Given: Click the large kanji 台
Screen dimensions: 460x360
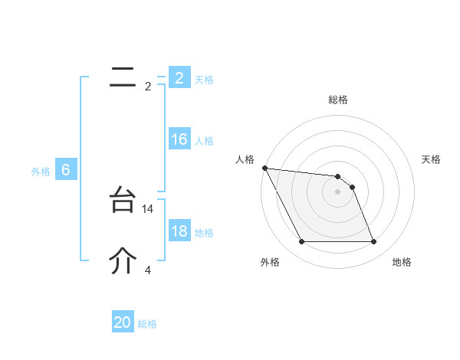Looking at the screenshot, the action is pyautogui.click(x=123, y=201).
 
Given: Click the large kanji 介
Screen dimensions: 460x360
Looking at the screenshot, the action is pyautogui.click(x=123, y=261).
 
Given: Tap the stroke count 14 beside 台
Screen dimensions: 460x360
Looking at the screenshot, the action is pyautogui.click(x=149, y=208).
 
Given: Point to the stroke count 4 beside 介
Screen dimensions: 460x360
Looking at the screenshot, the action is pyautogui.click(x=148, y=270).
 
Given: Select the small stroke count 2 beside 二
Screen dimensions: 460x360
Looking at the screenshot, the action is pyautogui.click(x=148, y=87).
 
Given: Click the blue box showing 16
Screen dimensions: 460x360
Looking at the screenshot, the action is pyautogui.click(x=179, y=139).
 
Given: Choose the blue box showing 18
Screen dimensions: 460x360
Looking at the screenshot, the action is pyautogui.click(x=179, y=231).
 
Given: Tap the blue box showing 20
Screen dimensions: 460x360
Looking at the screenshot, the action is pyautogui.click(x=123, y=322).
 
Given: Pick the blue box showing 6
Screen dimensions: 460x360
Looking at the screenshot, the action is pyautogui.click(x=66, y=170).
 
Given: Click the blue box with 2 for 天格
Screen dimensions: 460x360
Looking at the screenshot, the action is pyautogui.click(x=179, y=78).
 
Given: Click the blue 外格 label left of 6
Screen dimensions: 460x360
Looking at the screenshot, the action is pyautogui.click(x=41, y=172).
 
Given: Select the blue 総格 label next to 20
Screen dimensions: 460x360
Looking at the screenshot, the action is pyautogui.click(x=148, y=324).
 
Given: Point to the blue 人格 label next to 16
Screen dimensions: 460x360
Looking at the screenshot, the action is pyautogui.click(x=204, y=141).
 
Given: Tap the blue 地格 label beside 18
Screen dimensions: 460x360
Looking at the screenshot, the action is pyautogui.click(x=204, y=233).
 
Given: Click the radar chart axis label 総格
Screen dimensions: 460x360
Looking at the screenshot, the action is pyautogui.click(x=338, y=100).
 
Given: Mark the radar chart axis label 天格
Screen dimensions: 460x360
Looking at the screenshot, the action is pyautogui.click(x=432, y=159).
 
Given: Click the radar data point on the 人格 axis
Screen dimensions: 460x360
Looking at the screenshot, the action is pyautogui.click(x=264, y=168).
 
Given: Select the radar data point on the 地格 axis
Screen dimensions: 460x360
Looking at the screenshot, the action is pyautogui.click(x=374, y=242).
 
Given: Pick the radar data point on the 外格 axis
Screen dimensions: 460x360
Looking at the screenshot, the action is pyautogui.click(x=301, y=242).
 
